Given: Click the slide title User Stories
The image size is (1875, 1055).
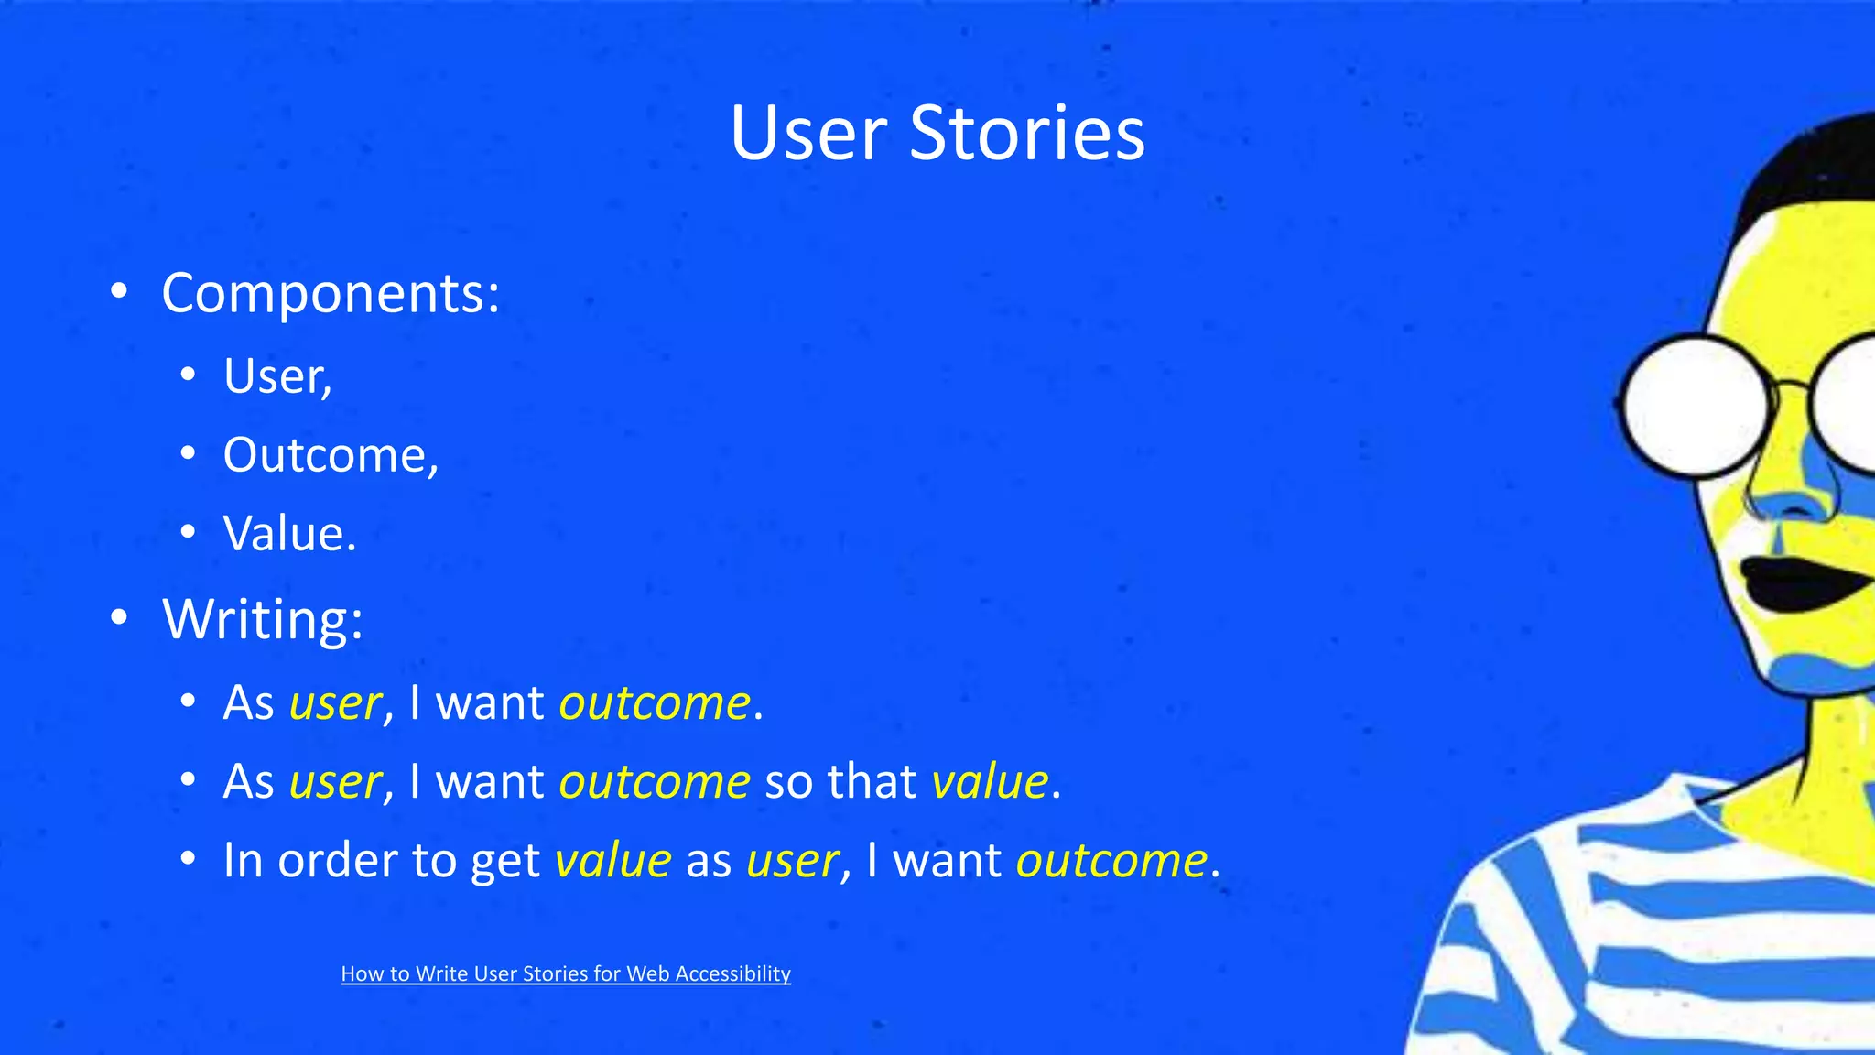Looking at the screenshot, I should click(x=937, y=134).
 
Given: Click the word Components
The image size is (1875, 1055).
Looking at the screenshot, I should click(x=330, y=294).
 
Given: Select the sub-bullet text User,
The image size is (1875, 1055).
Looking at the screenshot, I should click(x=277, y=376).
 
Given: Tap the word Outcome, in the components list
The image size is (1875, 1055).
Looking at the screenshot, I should click(x=331, y=455).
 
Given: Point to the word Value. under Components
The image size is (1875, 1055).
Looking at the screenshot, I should click(x=289, y=534).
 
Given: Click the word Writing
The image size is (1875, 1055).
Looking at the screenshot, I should click(x=262, y=619).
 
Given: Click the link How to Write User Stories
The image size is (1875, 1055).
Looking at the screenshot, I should click(x=565, y=973).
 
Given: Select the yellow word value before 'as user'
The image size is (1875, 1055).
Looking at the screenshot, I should click(x=612, y=861).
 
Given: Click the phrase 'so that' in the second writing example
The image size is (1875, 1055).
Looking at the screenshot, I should click(x=840, y=782).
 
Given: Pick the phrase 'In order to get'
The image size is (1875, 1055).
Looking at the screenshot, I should click(x=381, y=861).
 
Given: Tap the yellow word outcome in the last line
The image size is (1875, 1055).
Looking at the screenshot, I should click(x=1111, y=861).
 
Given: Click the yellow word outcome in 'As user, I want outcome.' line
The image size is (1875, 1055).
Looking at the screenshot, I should click(x=655, y=703).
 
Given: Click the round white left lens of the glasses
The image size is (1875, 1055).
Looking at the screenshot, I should click(x=1696, y=407).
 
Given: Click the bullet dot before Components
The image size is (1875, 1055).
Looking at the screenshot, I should click(x=118, y=292).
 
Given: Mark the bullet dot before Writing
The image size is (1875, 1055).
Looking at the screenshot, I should click(x=118, y=618).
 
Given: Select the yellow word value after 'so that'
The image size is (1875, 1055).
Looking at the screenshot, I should click(x=989, y=782).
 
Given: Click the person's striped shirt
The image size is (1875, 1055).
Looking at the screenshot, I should click(x=1648, y=934).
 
